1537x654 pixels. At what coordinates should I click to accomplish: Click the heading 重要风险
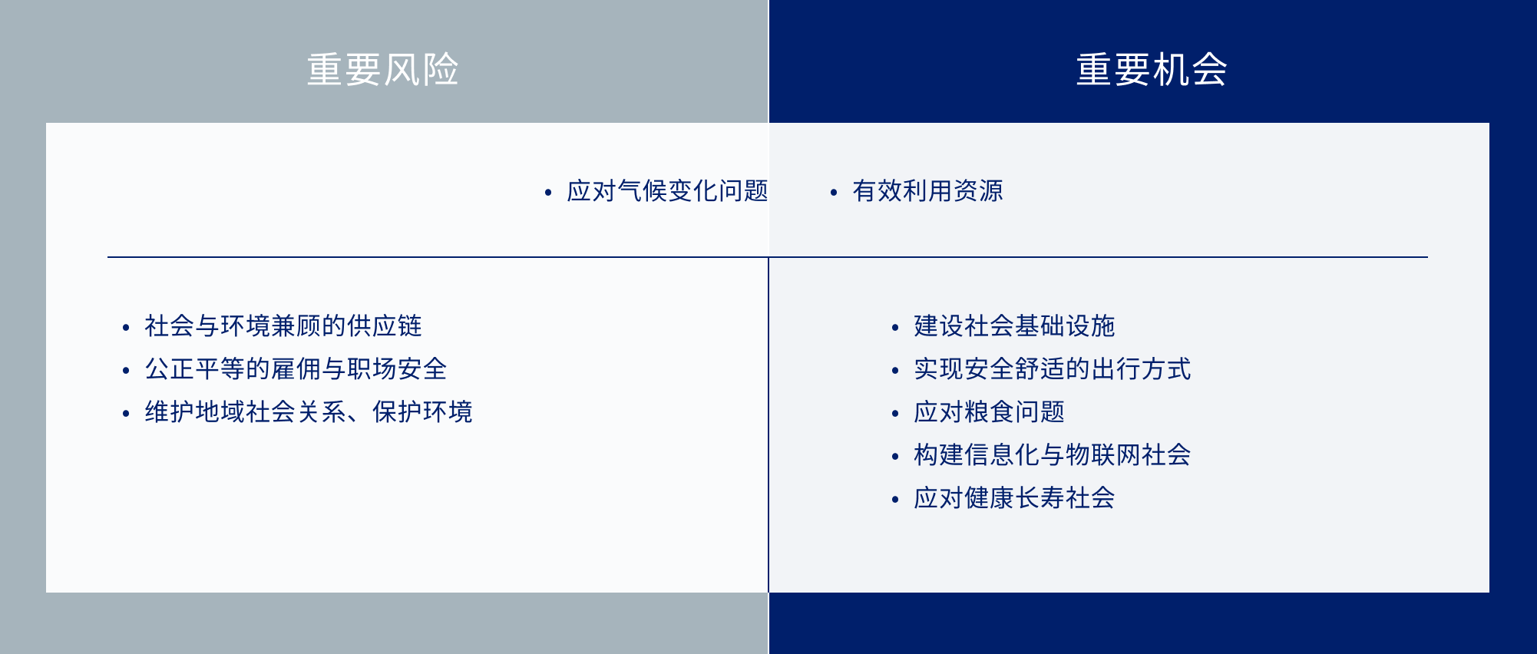[x=382, y=70]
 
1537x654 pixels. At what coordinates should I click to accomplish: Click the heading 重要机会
[x=1152, y=70]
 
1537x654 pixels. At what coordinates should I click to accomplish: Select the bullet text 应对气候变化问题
[x=667, y=191]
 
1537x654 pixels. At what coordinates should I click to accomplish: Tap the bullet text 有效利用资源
[x=927, y=191]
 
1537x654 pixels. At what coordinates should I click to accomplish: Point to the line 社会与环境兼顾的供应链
[x=283, y=326]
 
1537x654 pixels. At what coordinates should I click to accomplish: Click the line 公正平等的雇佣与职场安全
[x=296, y=369]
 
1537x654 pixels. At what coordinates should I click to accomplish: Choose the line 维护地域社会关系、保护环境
[x=308, y=412]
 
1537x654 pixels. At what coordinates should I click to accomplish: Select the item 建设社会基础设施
[x=1014, y=326]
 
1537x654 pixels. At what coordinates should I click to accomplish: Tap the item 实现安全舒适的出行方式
[x=1052, y=369]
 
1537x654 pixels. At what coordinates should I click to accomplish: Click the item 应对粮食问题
[x=989, y=412]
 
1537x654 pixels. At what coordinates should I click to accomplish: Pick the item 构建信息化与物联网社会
[x=1052, y=455]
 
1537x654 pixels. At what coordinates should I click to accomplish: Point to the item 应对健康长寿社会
[x=1014, y=498]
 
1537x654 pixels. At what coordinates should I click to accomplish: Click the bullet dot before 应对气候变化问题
[x=548, y=193]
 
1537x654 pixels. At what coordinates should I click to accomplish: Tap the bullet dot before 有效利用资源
[x=834, y=193]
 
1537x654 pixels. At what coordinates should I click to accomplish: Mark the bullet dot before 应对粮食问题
[x=895, y=414]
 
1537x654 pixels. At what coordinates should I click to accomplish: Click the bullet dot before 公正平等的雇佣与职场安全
[x=126, y=371]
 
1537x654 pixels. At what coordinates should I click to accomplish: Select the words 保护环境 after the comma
[x=422, y=412]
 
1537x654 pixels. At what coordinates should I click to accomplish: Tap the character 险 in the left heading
[x=441, y=70]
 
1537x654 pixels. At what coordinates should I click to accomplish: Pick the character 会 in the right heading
[x=1210, y=70]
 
